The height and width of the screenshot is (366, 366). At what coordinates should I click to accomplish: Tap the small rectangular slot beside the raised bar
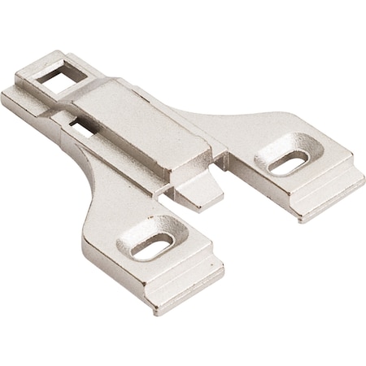pos(80,126)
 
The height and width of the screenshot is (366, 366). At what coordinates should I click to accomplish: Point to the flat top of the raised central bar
pos(138,114)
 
